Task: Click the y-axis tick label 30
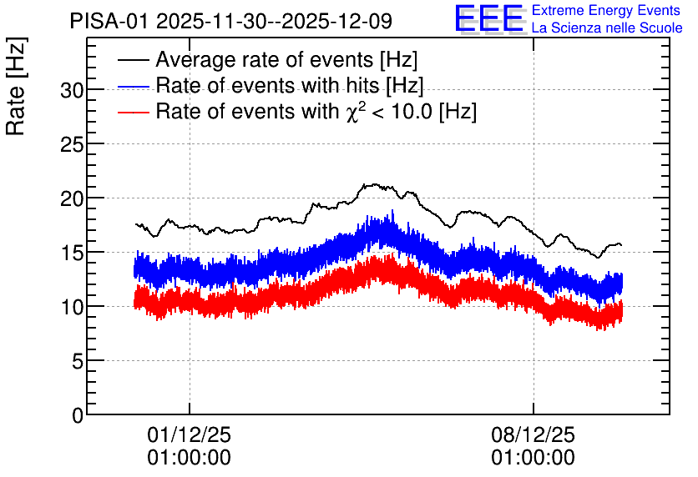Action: [x=72, y=91]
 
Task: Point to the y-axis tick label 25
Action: [x=72, y=145]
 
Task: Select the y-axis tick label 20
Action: [x=72, y=199]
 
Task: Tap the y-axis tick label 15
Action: [x=72, y=254]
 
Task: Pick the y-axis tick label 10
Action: [x=72, y=308]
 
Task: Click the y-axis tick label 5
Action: [x=78, y=362]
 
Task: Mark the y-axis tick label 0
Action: [x=78, y=416]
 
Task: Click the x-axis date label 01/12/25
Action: [x=190, y=434]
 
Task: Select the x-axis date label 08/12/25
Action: [x=534, y=434]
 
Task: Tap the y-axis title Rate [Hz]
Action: [x=16, y=86]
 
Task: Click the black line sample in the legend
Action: [x=133, y=60]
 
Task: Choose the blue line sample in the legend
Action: [x=133, y=86]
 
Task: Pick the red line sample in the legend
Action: [x=133, y=112]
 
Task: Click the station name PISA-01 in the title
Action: [x=109, y=21]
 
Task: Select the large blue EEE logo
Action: [x=489, y=18]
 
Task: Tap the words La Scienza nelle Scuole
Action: [x=607, y=28]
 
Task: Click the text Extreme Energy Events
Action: [x=606, y=10]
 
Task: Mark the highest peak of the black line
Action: [x=375, y=183]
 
